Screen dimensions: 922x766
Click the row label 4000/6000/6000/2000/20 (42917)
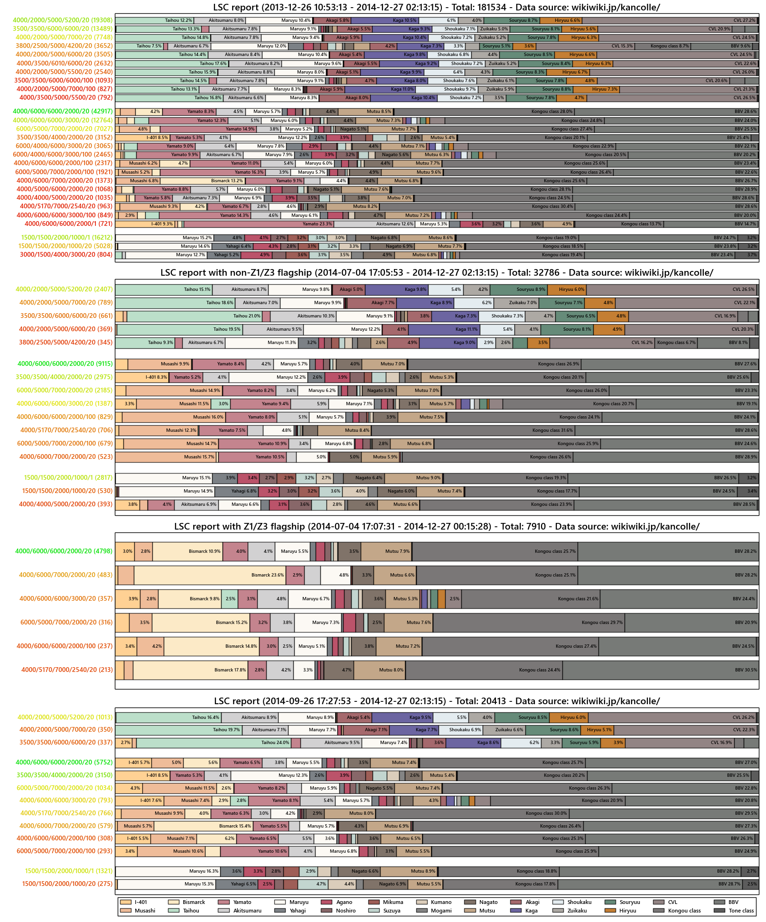(63, 112)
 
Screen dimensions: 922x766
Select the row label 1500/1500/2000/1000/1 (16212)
(66, 238)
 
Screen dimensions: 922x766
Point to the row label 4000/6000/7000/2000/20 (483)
(65, 575)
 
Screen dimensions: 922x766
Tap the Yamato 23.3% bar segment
(259, 224)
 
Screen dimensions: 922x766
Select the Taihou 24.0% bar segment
(214, 743)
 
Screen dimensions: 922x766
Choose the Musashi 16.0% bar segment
(174, 417)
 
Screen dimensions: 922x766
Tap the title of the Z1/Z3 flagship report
(437, 526)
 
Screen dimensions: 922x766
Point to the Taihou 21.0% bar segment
(194, 316)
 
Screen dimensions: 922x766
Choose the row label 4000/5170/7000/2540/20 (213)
(67, 670)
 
